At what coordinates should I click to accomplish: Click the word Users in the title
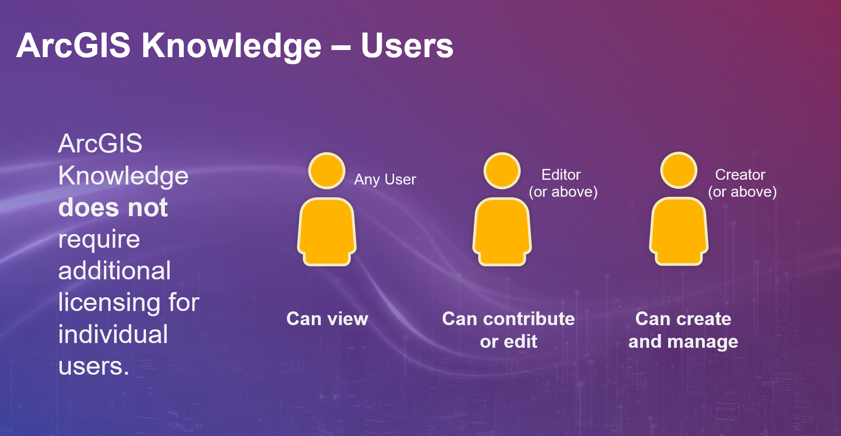click(407, 46)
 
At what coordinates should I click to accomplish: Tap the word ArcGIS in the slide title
click(73, 46)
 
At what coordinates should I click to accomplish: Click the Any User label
click(385, 180)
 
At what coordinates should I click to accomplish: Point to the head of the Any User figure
click(326, 170)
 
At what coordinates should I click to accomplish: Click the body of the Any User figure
click(326, 231)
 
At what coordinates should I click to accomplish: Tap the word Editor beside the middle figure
click(561, 175)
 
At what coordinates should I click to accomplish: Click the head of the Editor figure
click(502, 170)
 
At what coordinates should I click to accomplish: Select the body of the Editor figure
click(502, 231)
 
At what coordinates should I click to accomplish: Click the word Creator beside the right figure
click(740, 175)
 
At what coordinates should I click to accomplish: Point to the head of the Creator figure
click(678, 170)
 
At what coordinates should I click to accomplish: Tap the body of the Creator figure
click(678, 231)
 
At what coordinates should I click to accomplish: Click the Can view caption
click(327, 319)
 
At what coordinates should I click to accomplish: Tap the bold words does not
click(113, 208)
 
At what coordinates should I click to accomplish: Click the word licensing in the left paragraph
click(109, 303)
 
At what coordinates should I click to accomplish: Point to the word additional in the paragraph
click(114, 271)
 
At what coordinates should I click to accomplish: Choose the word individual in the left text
click(113, 335)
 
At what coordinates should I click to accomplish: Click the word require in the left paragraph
click(99, 240)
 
